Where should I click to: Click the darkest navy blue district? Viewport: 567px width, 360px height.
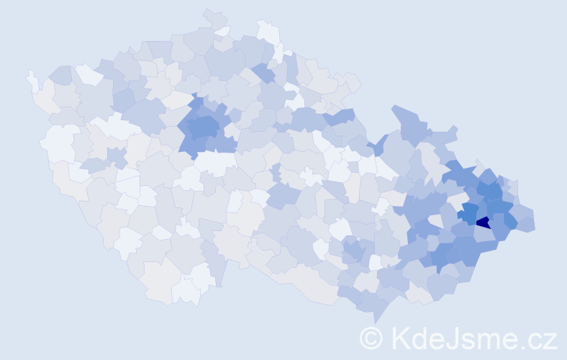(x=484, y=222)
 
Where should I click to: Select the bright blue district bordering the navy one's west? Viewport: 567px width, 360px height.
(x=469, y=213)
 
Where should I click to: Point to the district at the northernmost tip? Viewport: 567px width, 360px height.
(x=213, y=17)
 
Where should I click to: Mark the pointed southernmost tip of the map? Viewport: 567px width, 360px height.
(x=378, y=318)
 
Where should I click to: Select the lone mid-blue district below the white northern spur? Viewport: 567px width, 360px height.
(x=263, y=73)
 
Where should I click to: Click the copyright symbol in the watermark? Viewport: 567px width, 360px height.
(x=372, y=338)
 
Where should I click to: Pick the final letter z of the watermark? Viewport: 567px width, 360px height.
(x=550, y=340)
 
